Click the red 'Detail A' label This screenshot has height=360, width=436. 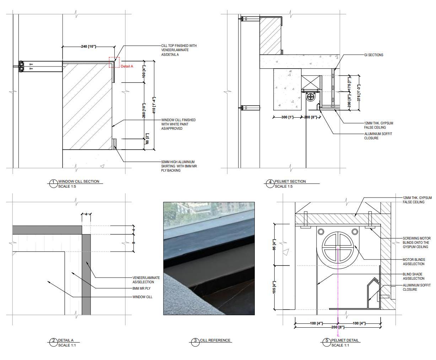click(x=127, y=66)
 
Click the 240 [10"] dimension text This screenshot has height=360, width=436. click(x=88, y=46)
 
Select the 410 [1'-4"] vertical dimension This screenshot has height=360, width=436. click(x=154, y=105)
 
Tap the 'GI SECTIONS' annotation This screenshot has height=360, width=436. click(x=373, y=55)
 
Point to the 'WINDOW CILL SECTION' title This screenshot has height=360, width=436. click(x=79, y=181)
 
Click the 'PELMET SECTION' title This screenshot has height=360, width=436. click(x=290, y=181)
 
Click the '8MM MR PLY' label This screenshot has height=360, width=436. click(x=141, y=288)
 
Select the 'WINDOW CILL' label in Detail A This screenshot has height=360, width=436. click(x=142, y=297)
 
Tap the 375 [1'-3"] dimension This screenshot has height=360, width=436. click(x=359, y=93)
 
